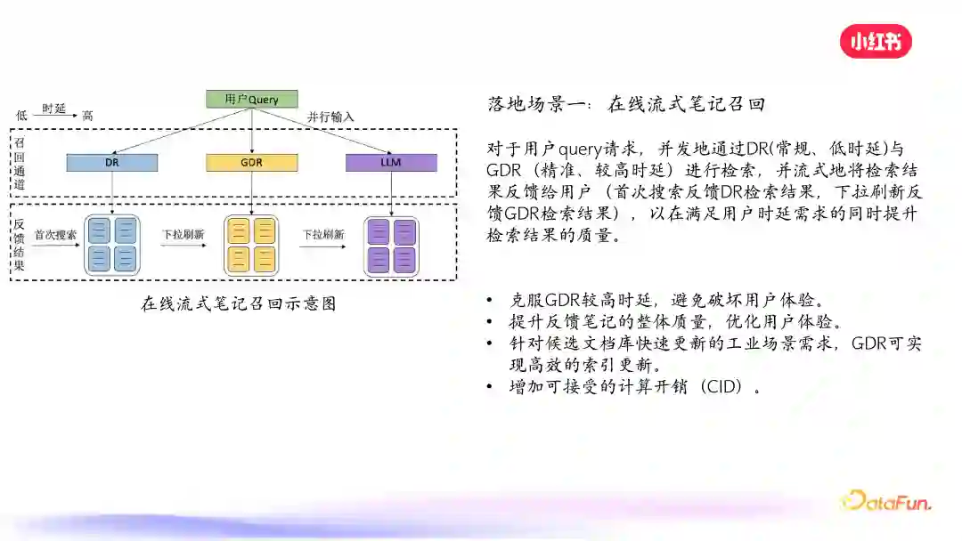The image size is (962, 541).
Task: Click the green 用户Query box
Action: (x=252, y=99)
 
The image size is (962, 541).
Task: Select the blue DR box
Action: (x=112, y=163)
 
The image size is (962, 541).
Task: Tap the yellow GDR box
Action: (x=251, y=163)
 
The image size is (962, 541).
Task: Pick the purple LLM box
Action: (x=391, y=163)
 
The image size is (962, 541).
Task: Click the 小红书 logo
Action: (x=876, y=41)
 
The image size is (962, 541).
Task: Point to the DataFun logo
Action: (x=886, y=501)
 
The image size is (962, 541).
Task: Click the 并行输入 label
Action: (x=330, y=117)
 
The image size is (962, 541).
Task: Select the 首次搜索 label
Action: (x=55, y=235)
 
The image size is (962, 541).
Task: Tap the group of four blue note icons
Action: (x=112, y=245)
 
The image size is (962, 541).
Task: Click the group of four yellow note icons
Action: (x=251, y=245)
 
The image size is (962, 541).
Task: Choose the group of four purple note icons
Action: (x=391, y=245)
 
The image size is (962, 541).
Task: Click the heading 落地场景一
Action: (x=537, y=104)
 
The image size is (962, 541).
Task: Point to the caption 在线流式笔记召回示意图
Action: (x=239, y=303)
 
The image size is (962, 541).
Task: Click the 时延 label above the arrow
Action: (x=54, y=108)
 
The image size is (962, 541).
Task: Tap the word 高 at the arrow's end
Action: (x=87, y=116)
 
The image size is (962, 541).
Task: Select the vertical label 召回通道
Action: (x=19, y=163)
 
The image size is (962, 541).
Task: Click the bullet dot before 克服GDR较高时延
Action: (x=490, y=300)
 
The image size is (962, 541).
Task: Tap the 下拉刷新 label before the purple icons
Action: (x=322, y=235)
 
